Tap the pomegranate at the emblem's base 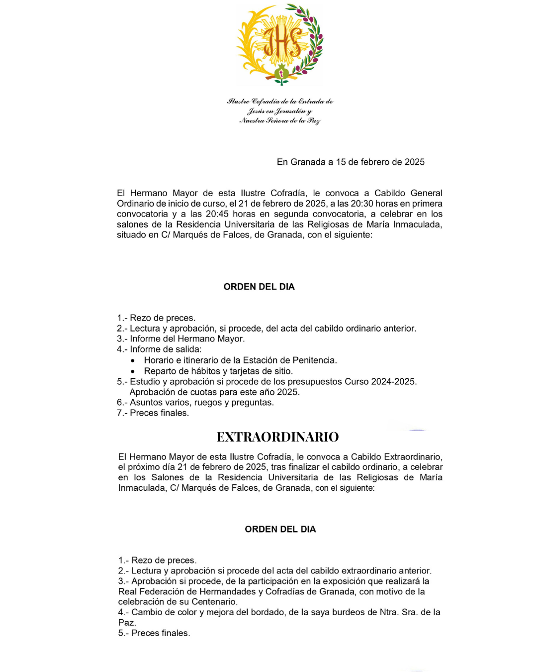click(281, 73)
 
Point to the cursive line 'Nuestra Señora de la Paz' click(279, 120)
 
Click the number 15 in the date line click(341, 162)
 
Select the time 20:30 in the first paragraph click(362, 204)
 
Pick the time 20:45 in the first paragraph click(217, 214)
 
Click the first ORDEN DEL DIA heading click(259, 287)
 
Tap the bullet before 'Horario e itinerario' click(133, 360)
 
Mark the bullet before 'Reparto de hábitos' click(133, 371)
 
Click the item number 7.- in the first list click(122, 413)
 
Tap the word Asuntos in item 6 click(146, 403)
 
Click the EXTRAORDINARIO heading click(277, 437)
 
